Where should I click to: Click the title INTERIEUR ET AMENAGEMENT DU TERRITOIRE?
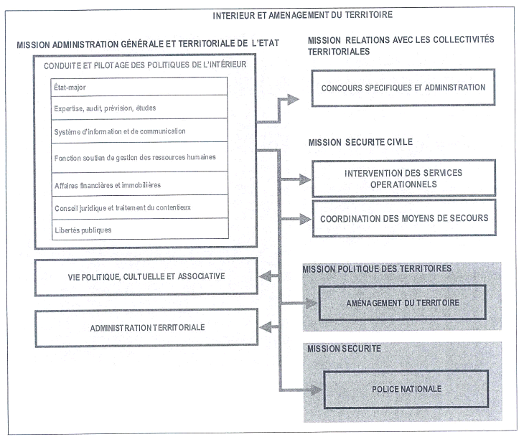[302, 14]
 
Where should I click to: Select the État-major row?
[140, 87]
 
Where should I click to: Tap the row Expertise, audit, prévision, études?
[140, 108]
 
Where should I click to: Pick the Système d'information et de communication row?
[140, 131]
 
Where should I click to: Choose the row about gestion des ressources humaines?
[140, 156]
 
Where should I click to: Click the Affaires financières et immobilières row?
[140, 184]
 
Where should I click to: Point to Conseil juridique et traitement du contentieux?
[140, 208]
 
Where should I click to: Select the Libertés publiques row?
[140, 230]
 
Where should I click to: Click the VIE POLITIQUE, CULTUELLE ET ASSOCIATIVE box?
[146, 276]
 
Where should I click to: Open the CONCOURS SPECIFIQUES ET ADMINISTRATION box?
[403, 88]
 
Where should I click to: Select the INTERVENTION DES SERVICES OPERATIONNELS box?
[403, 179]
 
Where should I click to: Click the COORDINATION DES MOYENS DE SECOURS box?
[404, 218]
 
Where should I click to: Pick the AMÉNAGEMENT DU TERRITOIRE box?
[402, 302]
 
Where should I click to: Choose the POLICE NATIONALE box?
[406, 389]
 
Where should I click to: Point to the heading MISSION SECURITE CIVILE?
[360, 142]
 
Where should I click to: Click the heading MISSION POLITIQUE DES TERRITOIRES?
[377, 268]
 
